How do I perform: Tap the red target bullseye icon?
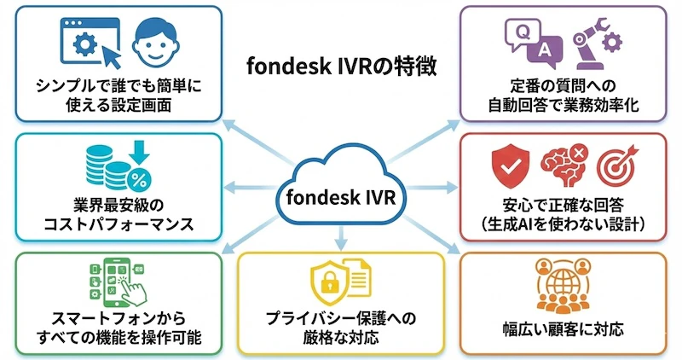[x=617, y=168]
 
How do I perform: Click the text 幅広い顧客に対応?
[x=564, y=328]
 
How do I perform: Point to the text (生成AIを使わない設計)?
[x=564, y=224]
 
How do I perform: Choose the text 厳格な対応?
[x=341, y=336]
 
